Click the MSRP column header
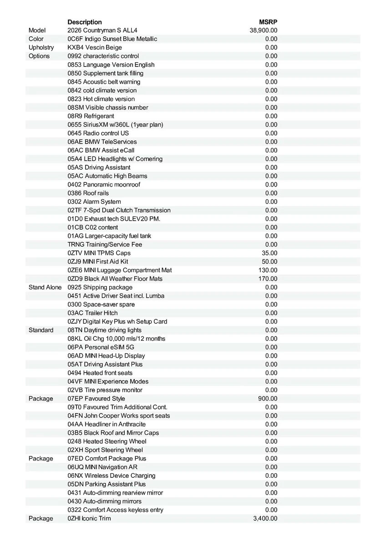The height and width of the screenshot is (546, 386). pos(268,22)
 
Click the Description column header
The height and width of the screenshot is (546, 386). pos(85,22)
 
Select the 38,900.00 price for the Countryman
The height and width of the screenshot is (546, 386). pos(264,30)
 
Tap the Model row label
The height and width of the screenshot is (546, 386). pos(37,30)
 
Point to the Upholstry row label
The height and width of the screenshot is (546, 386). pos(41,48)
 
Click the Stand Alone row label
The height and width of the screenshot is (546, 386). pos(45,288)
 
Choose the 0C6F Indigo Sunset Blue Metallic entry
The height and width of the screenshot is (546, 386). pos(112,39)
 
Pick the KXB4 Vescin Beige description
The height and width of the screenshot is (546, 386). pos(95,48)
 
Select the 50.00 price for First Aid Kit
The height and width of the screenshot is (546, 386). pos(269,262)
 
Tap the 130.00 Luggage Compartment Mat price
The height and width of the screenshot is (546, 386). pos(268,270)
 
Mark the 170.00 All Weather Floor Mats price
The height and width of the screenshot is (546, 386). pos(268,279)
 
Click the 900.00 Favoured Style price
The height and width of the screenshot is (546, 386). pos(268,399)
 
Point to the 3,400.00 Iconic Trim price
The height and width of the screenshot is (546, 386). pos(265,519)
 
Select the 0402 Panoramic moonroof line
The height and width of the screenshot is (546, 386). pos(104,185)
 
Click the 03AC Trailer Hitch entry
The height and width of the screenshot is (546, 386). pos(92,313)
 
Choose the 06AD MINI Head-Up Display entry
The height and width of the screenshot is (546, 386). pos(106,356)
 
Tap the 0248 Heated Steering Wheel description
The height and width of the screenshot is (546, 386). pos(107,441)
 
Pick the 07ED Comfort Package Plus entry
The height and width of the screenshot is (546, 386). pos(107,459)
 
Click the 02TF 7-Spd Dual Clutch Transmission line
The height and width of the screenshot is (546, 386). pos(119,210)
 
